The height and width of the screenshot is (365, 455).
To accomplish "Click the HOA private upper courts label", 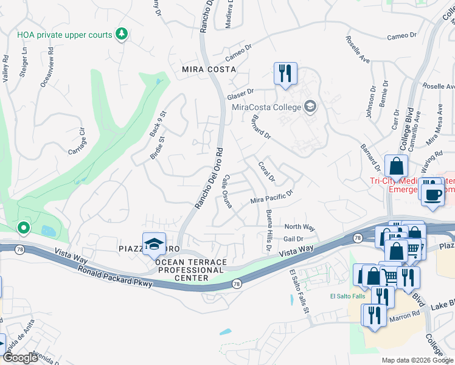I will (x=64, y=35).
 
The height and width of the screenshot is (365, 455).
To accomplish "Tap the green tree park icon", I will (x=122, y=34).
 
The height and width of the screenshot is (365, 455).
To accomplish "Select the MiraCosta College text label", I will (x=267, y=108).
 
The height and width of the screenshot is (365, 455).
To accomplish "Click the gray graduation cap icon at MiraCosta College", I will (x=310, y=108).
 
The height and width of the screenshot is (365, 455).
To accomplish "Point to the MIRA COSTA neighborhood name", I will (x=208, y=69).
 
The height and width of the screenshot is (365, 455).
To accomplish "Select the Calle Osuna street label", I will (x=226, y=193).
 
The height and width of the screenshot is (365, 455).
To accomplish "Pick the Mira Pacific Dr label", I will (x=272, y=196).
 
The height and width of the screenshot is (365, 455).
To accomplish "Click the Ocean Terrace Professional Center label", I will (x=191, y=270).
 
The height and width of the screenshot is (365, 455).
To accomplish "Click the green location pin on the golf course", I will (x=24, y=228).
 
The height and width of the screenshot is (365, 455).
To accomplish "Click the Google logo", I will (x=21, y=358).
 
